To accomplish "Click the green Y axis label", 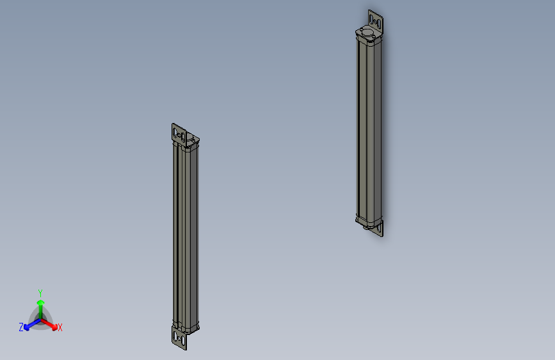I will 40,292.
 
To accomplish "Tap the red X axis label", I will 60,327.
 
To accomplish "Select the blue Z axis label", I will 21,327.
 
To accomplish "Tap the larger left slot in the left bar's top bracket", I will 176,133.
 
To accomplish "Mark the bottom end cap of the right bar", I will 367,221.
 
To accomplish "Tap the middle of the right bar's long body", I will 369,128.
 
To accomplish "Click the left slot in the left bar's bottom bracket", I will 175,335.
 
